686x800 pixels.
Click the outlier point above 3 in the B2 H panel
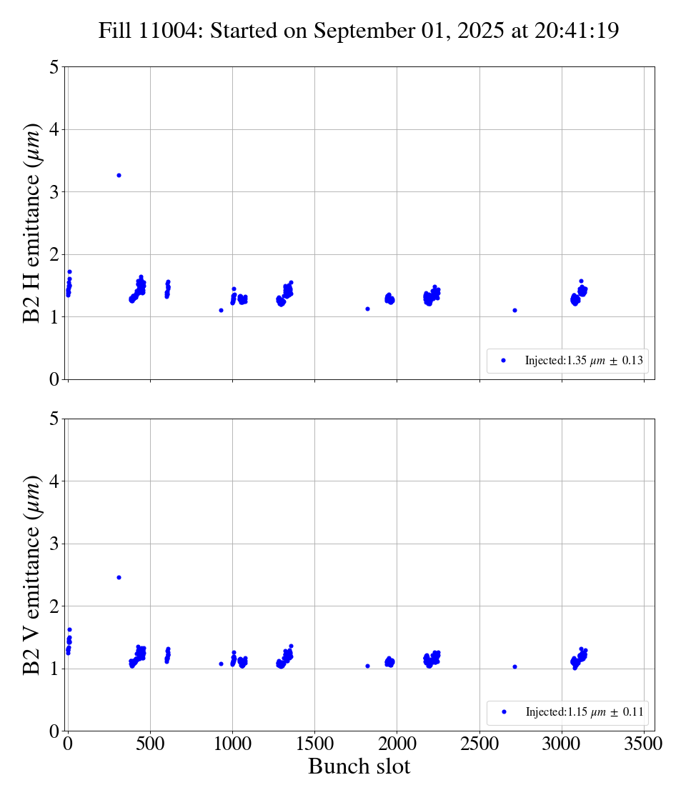pos(119,175)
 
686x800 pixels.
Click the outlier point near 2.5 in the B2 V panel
pos(119,577)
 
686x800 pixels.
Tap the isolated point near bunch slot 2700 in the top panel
pos(514,310)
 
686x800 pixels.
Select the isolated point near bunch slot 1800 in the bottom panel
pos(367,666)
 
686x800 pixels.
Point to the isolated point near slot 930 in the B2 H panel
pos(221,310)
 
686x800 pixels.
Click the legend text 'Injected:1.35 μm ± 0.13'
pos(584,361)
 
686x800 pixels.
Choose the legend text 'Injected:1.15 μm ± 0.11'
pos(584,712)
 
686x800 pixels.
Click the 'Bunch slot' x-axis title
pos(359,766)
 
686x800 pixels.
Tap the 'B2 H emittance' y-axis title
pos(32,223)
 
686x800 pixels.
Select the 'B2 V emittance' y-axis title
pos(32,574)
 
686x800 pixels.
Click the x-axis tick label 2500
pos(479,744)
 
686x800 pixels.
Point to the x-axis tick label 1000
pos(232,744)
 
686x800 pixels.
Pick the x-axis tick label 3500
pos(644,744)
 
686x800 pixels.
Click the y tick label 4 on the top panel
pos(54,129)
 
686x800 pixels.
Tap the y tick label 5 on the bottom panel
pos(54,419)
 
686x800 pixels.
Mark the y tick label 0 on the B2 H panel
pos(54,379)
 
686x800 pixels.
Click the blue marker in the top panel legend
pos(503,361)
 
